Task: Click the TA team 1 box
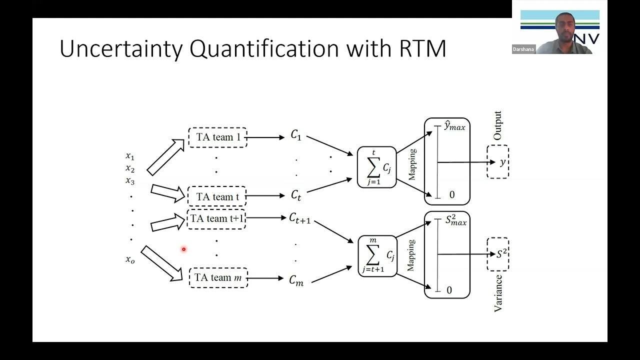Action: [x=217, y=137]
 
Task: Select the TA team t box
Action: [x=217, y=196]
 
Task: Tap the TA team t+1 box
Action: [x=216, y=218]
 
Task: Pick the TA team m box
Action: [x=218, y=277]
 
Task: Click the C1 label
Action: [x=296, y=135]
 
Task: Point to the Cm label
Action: [x=296, y=280]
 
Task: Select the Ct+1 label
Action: [x=299, y=218]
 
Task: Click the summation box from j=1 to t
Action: [x=376, y=167]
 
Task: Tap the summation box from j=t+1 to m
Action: [x=377, y=256]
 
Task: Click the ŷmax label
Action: [x=454, y=126]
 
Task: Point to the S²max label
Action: [x=455, y=221]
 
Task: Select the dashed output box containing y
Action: [x=497, y=162]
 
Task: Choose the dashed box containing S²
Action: [x=498, y=254]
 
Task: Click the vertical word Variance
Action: [x=498, y=293]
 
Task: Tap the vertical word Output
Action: [x=497, y=125]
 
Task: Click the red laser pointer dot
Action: [x=183, y=249]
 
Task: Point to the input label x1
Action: [x=130, y=156]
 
